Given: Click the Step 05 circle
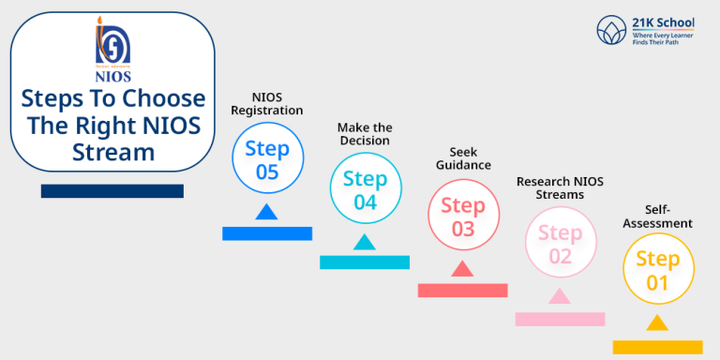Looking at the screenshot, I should click(267, 160).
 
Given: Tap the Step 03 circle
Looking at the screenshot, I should click(463, 217).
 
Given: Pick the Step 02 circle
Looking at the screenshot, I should click(560, 244).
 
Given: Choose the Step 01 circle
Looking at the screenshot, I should click(658, 270).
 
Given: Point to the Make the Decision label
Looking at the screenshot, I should click(365, 133).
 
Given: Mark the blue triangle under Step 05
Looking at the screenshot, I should click(266, 212).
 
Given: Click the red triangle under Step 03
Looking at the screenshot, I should click(461, 269).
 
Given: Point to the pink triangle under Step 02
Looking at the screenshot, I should click(560, 297).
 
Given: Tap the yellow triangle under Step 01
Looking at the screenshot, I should click(657, 323).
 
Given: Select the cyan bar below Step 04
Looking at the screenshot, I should click(365, 262).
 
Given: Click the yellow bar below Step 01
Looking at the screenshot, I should click(657, 347).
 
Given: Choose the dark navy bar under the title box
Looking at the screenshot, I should click(112, 191).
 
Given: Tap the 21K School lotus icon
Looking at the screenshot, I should click(612, 31).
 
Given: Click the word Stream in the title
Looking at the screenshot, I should click(112, 152).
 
